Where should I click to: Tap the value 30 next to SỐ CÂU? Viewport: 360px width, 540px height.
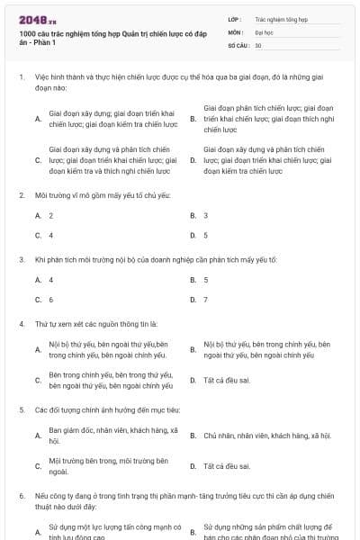point(258,45)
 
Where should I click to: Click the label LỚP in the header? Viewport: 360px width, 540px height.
point(234,18)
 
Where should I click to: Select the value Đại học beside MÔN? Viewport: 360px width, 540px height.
point(264,31)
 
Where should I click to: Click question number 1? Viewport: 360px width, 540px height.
point(21,77)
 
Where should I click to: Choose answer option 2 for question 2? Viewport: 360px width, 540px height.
point(51,216)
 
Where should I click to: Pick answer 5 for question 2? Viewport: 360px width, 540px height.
point(206,236)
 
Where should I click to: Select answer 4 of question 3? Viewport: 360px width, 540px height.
point(51,280)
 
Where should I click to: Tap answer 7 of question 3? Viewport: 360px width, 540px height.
point(206,300)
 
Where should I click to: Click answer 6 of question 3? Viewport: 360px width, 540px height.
point(51,300)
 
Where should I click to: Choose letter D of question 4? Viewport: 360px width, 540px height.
point(193,381)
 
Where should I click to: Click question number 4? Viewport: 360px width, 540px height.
point(21,323)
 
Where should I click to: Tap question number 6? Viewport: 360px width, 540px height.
point(21,496)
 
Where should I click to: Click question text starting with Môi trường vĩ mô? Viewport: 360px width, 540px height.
point(90,194)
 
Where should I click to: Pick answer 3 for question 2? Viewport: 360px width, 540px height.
point(206,216)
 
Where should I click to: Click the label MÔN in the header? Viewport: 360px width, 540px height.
point(235,31)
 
